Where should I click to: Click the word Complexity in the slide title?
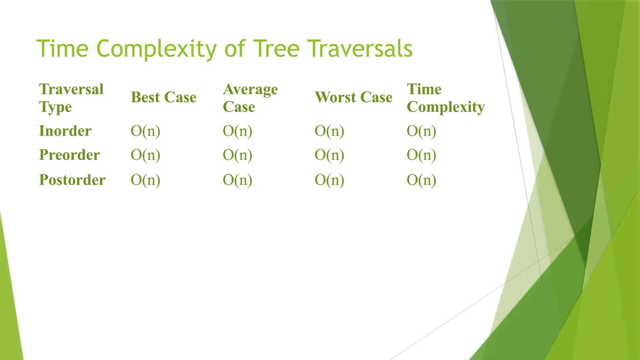coord(156,49)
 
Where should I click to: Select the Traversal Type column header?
coord(71,98)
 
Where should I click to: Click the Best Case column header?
coord(163,97)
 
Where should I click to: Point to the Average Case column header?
coord(250,98)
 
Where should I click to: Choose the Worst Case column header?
coord(353,97)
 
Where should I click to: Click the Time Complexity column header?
coord(445,98)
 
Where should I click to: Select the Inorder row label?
coord(65,131)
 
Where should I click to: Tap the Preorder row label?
coord(69,155)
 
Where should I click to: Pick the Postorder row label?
coord(72,180)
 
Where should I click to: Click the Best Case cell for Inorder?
coord(145,131)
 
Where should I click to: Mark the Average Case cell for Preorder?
coord(237,155)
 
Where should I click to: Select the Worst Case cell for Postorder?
coord(329,180)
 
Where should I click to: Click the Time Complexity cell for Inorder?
coord(421,131)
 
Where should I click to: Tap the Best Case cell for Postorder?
coord(145,180)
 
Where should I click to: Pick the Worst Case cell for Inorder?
coord(329,131)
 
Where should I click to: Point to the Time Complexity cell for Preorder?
coord(421,155)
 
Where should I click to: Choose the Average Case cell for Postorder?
coord(237,180)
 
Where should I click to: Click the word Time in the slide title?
coord(62,49)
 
